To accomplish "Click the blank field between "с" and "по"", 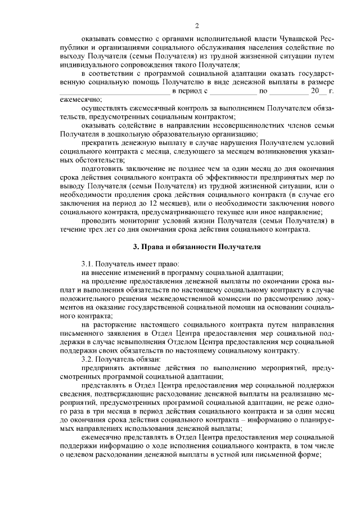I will coord(233,91).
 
